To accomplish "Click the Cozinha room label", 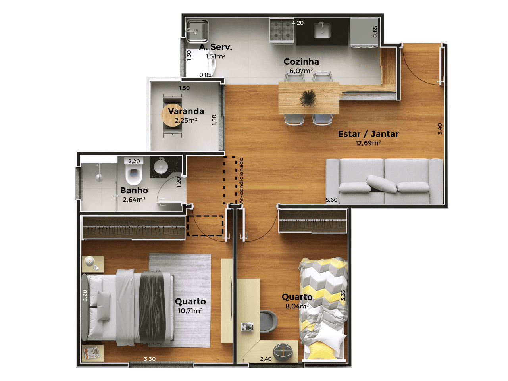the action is tap(301, 62).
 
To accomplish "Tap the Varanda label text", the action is tap(186, 111).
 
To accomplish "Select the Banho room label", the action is tap(134, 190).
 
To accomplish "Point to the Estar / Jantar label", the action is tap(368, 134).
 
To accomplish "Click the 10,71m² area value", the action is tap(190, 311).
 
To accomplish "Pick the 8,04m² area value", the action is tap(297, 306).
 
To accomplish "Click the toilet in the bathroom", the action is tap(133, 171).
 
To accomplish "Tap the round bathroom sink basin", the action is tap(161, 167).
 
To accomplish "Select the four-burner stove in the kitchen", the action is tap(282, 31).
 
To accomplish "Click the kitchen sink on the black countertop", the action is tap(322, 30).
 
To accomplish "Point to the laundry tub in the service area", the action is tap(197, 31).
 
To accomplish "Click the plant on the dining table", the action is tap(308, 98).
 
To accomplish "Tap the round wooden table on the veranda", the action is tap(171, 115).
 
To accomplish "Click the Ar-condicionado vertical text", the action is tap(241, 181).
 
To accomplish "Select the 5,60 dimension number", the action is tap(331, 200).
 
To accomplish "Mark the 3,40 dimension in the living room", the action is tap(440, 129).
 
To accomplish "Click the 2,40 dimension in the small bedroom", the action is tap(266, 359).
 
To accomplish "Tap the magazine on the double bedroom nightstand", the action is tap(91, 352).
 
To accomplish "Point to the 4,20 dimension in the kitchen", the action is tap(298, 23).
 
